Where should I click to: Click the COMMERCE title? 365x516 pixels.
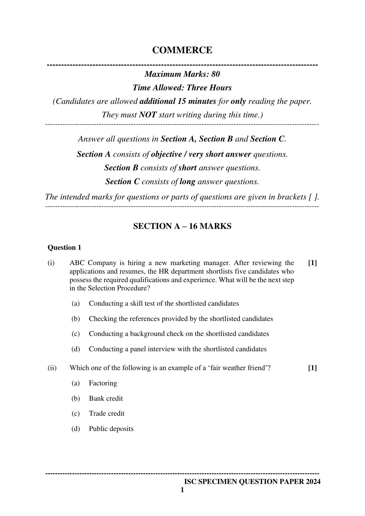click(182, 50)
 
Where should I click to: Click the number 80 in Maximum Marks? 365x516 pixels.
click(215, 74)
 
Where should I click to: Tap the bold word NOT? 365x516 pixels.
click(148, 115)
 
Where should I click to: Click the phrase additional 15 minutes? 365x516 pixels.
click(178, 101)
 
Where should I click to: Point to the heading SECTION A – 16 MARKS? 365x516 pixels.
click(182, 226)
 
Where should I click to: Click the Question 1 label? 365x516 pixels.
click(64, 247)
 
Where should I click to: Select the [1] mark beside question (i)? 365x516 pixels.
click(312, 263)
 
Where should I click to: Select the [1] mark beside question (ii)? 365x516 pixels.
click(312, 368)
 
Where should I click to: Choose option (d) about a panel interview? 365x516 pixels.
click(177, 349)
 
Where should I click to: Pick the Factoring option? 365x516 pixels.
click(103, 383)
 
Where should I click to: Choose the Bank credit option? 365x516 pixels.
click(106, 398)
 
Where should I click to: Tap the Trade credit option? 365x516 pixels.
click(106, 413)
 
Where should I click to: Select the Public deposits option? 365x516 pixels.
click(111, 429)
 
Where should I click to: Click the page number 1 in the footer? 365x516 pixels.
click(182, 490)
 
